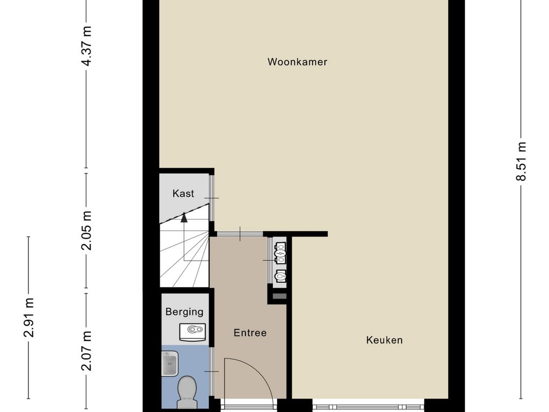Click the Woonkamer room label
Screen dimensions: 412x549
(x=297, y=62)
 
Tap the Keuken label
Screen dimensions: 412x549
(x=384, y=340)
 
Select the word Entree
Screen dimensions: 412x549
(x=250, y=333)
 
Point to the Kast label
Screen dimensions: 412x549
(x=183, y=193)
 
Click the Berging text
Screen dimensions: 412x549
(x=184, y=312)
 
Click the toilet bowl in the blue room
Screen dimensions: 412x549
(x=187, y=387)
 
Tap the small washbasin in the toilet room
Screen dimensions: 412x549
(x=169, y=364)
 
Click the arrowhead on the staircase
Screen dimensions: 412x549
(x=184, y=217)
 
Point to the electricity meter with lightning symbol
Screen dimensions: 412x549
(x=280, y=253)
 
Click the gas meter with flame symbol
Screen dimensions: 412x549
(x=280, y=276)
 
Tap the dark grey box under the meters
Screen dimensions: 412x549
(x=279, y=296)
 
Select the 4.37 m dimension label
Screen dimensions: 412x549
(x=86, y=46)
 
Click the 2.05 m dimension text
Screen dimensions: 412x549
(x=86, y=230)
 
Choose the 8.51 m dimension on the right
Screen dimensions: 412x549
(x=521, y=161)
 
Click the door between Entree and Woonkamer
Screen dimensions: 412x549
(x=240, y=234)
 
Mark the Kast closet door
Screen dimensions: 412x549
(x=211, y=198)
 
